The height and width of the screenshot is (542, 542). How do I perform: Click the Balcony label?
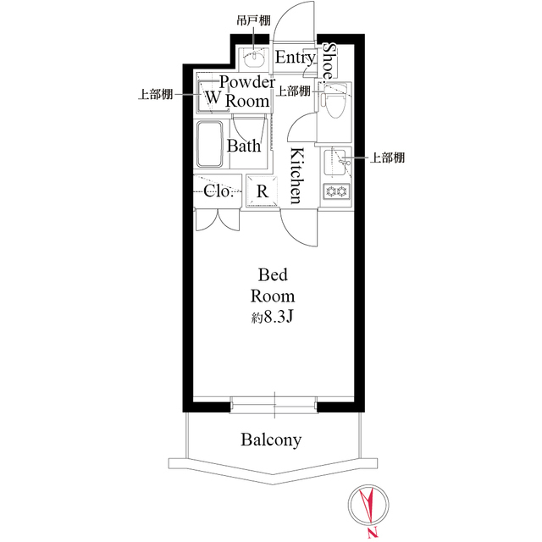click(x=271, y=440)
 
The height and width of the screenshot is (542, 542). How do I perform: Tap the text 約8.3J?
click(x=272, y=318)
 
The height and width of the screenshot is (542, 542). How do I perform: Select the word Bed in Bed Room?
click(x=272, y=275)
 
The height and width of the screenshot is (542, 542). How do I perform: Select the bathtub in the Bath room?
click(x=208, y=144)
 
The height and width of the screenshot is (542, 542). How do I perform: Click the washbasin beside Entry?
click(x=254, y=59)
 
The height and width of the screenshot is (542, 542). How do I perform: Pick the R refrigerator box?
click(x=263, y=191)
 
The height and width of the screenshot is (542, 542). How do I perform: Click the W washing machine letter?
click(x=212, y=98)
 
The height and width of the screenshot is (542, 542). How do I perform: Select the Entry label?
click(x=296, y=58)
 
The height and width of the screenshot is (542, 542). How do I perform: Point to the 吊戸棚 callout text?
click(x=254, y=19)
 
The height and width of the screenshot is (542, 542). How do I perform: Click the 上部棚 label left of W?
click(x=156, y=95)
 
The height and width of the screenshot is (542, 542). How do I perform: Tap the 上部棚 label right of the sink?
click(x=385, y=158)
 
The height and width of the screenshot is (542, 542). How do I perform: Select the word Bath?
click(x=243, y=146)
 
